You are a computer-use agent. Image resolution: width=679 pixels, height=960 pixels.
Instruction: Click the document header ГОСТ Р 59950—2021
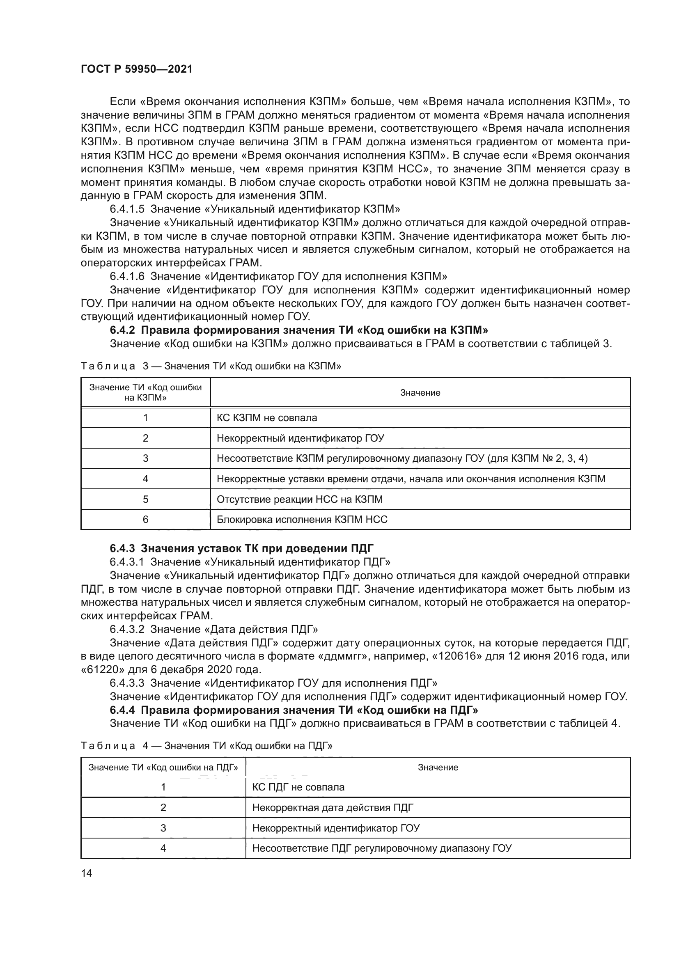[137, 69]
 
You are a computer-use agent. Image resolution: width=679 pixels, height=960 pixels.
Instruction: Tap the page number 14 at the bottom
[87, 873]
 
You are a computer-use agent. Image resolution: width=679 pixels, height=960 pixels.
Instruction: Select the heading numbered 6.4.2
[299, 330]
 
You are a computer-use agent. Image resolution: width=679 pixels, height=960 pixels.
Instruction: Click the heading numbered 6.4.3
[242, 548]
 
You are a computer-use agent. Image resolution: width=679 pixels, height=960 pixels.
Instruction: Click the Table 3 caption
[211, 366]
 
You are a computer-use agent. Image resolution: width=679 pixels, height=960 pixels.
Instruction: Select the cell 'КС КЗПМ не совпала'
[267, 418]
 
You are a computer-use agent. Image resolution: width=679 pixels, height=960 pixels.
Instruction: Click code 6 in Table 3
[145, 519]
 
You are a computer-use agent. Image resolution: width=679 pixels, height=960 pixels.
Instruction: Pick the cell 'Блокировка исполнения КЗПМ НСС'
[302, 520]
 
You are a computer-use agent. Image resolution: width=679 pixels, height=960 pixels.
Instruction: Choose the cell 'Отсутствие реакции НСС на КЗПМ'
[299, 499]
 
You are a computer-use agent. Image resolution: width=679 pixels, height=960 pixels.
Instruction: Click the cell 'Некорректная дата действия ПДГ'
[333, 808]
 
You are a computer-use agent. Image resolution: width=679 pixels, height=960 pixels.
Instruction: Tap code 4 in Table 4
[163, 848]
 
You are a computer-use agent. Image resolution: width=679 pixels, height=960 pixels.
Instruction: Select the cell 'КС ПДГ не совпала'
[298, 787]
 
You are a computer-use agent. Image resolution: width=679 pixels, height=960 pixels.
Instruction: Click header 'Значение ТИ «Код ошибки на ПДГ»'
[163, 767]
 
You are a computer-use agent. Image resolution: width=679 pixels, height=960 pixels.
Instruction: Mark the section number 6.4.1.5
[127, 209]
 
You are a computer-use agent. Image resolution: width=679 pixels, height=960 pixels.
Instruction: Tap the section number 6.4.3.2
[127, 629]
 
